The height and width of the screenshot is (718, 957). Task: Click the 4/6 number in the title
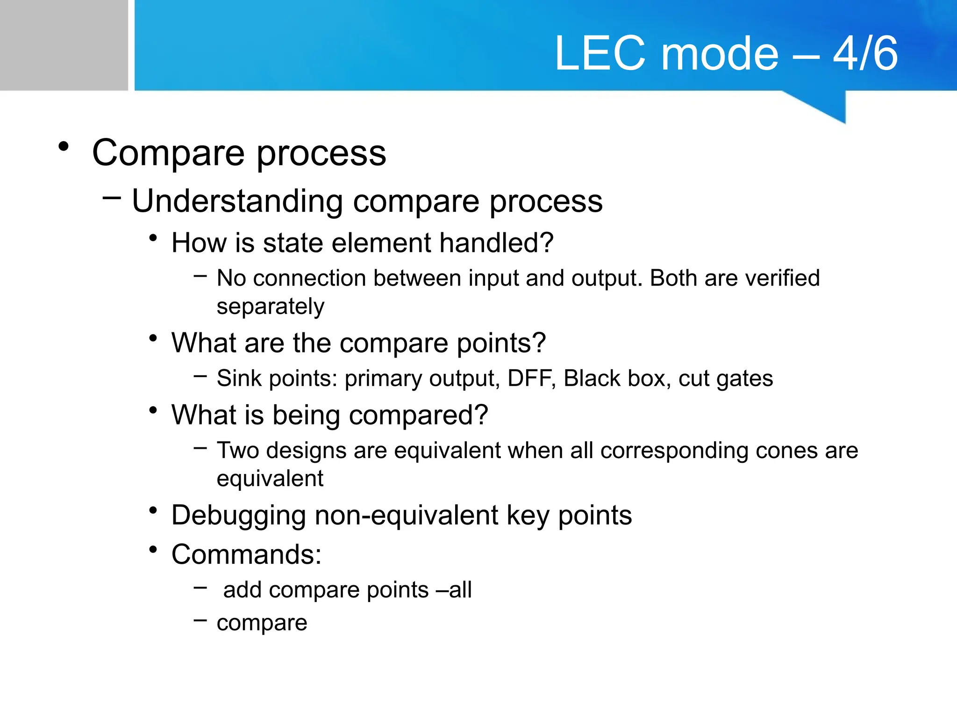click(865, 53)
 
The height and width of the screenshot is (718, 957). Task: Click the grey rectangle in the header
click(64, 45)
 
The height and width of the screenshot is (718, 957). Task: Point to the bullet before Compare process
click(64, 147)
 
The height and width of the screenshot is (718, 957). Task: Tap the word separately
click(270, 307)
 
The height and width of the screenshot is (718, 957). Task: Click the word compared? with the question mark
click(418, 415)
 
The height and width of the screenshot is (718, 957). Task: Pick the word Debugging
click(238, 516)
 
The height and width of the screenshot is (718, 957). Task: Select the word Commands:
click(246, 554)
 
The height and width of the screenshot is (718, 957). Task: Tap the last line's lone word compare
click(262, 623)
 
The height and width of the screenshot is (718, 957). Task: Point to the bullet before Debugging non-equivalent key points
click(153, 511)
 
